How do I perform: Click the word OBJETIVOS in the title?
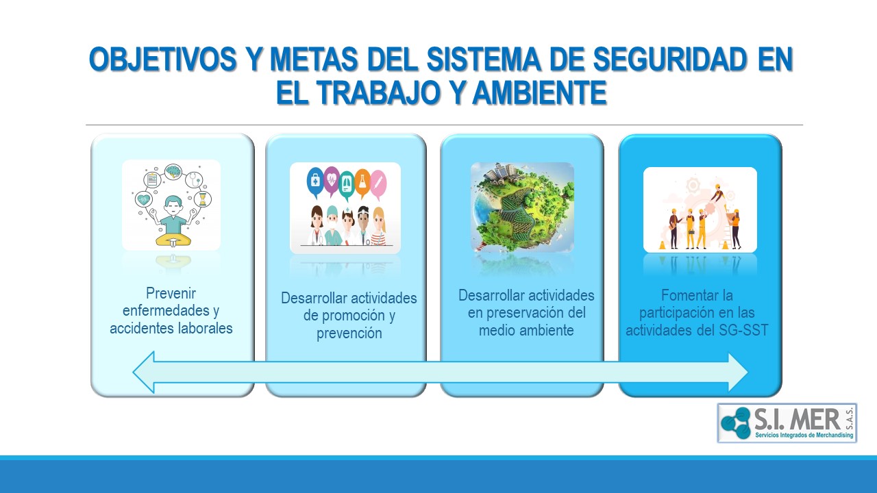click(x=163, y=59)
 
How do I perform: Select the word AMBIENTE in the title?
click(x=540, y=92)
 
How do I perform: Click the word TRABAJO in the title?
click(x=378, y=92)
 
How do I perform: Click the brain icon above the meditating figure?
click(x=173, y=171)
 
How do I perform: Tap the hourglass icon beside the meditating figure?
click(x=202, y=199)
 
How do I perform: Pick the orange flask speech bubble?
click(x=362, y=183)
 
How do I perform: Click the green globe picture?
click(x=522, y=207)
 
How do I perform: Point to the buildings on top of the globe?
click(x=501, y=171)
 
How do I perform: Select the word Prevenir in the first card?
click(x=171, y=293)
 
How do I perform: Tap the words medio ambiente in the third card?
click(x=526, y=330)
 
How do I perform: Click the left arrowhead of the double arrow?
click(x=144, y=372)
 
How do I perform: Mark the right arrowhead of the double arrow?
click(x=738, y=372)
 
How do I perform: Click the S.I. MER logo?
click(x=787, y=423)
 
